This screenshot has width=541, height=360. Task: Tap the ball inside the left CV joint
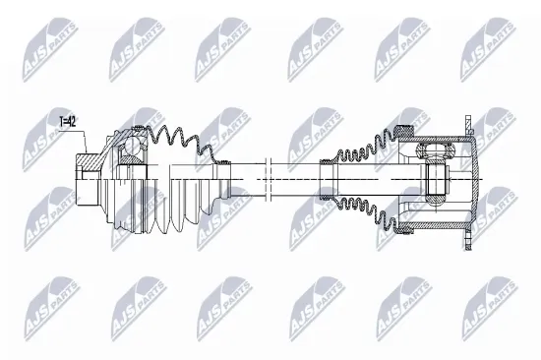tap(131, 153)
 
